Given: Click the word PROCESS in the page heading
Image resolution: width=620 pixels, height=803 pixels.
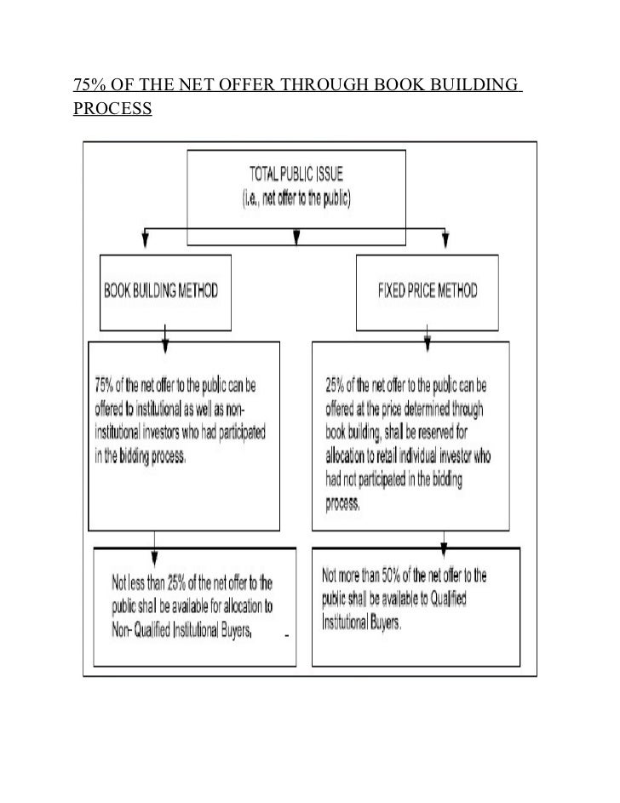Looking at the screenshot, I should click(112, 111).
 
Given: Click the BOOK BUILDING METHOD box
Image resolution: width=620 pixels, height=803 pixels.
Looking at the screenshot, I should click(165, 290).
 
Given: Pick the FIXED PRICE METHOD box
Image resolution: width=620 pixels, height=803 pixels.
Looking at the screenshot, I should click(427, 290).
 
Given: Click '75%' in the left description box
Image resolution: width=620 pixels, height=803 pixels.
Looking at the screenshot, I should click(108, 380).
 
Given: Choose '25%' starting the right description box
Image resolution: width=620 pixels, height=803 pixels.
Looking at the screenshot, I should click(337, 380).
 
